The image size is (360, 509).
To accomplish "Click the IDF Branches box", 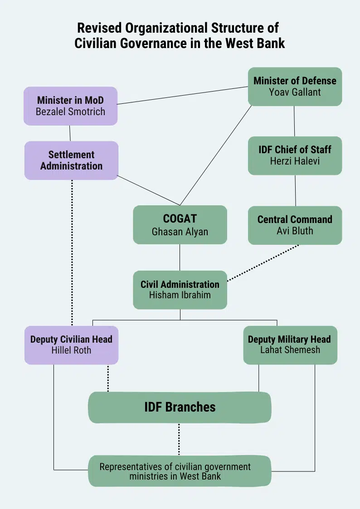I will pos(180,407).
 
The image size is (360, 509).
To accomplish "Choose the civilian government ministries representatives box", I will pos(180,471).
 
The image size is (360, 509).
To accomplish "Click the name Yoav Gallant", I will pos(295,92).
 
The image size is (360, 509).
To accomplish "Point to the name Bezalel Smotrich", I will pos(70,111).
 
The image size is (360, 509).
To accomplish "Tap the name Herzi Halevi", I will pos(295,161).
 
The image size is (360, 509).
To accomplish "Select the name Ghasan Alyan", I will pos(180,232).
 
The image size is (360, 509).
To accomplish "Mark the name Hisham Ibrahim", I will pos(180,295).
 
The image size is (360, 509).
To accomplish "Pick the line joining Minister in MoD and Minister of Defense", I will pos(181,95).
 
